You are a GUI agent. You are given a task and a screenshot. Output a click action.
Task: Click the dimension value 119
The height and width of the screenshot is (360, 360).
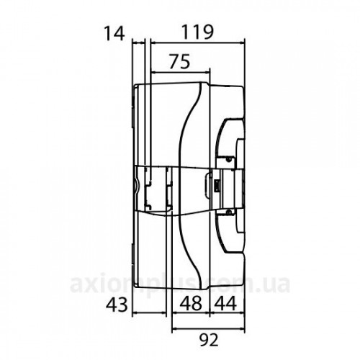click(x=197, y=32)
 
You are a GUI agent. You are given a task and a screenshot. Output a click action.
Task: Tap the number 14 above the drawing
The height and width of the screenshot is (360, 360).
click(x=114, y=34)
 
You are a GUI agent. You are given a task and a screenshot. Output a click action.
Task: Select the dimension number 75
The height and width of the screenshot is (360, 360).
click(x=180, y=61)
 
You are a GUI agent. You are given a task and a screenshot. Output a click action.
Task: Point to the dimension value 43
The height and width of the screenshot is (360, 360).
click(x=117, y=305)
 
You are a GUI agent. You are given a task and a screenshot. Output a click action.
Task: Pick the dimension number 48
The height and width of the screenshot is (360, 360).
click(x=191, y=303)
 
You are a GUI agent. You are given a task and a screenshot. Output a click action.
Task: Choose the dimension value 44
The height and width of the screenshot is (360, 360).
click(x=225, y=303)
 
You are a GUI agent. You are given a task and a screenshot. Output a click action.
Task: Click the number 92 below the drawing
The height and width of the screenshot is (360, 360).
click(x=210, y=340)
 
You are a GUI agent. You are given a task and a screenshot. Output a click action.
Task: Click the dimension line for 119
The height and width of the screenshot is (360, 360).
click(x=197, y=43)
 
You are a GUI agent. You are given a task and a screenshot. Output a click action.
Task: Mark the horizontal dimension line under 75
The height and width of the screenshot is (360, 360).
click(x=180, y=72)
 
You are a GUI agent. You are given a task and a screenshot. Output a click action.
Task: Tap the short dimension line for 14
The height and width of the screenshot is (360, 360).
click(x=139, y=43)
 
